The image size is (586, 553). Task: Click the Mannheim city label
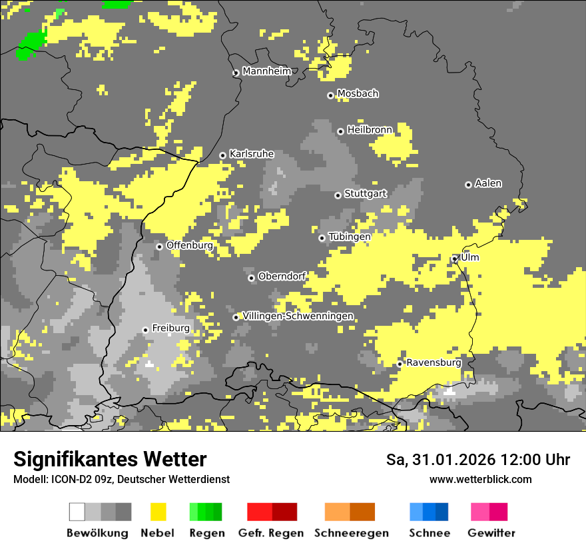(x=267, y=71)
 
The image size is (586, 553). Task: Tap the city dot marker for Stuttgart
(x=338, y=195)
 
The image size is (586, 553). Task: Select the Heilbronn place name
(x=370, y=129)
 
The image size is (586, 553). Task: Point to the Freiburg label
(x=170, y=328)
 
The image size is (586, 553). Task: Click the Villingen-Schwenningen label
(x=298, y=316)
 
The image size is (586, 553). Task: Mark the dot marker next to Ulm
(x=455, y=259)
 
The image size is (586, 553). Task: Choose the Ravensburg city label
(x=434, y=362)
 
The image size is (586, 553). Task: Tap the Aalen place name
(x=488, y=183)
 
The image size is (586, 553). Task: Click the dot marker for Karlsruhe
(x=223, y=156)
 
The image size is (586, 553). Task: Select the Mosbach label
(x=358, y=93)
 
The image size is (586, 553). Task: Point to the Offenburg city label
(x=190, y=245)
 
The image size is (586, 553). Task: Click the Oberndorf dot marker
(x=251, y=278)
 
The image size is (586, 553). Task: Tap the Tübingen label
(x=350, y=237)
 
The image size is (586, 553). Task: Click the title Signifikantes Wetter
(x=110, y=459)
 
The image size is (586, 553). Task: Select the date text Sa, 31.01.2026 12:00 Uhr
(x=478, y=460)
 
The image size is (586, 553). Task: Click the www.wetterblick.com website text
(x=480, y=479)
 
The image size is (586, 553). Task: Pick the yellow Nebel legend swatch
(x=158, y=512)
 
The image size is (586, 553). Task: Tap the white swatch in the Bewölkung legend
(x=77, y=512)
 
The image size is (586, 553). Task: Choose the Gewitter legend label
(x=491, y=533)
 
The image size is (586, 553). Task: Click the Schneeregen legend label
(x=352, y=533)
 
